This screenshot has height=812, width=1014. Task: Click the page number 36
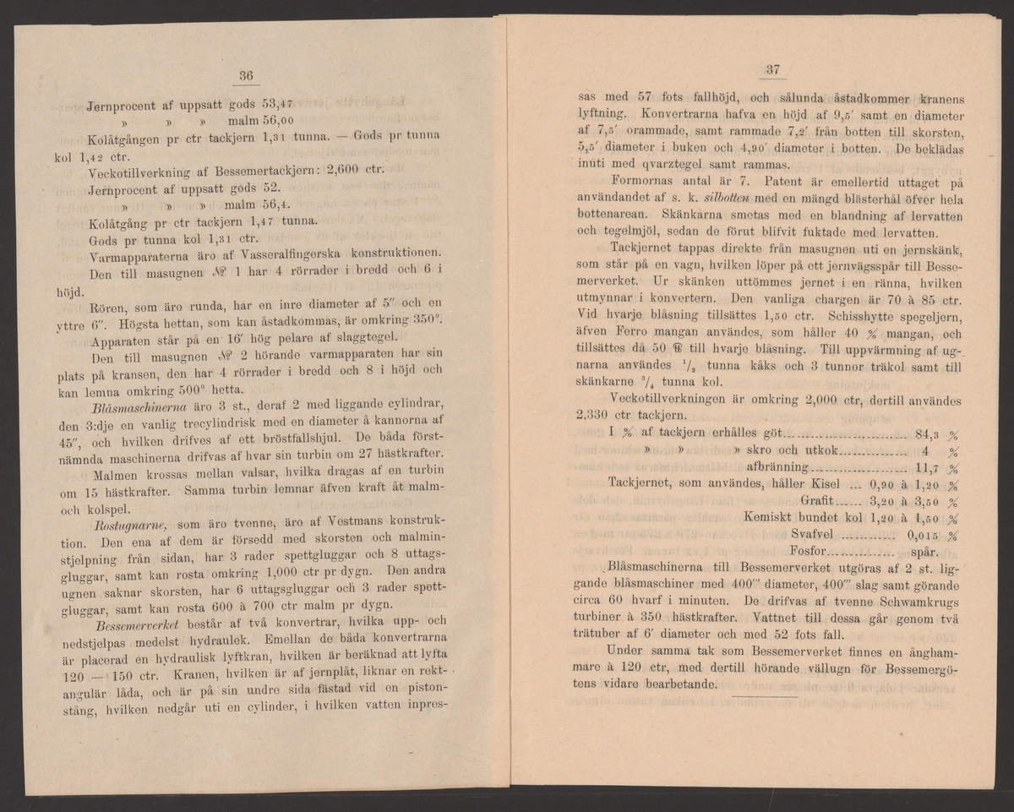246,77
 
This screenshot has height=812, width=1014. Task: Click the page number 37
771,70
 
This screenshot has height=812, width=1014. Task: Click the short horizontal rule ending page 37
765,695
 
